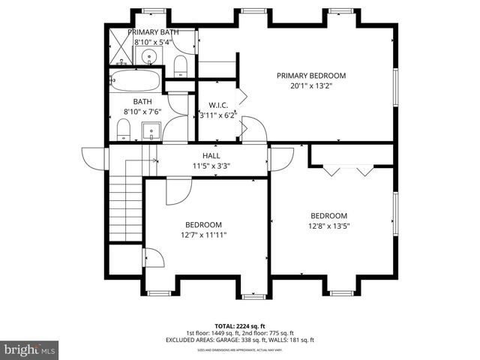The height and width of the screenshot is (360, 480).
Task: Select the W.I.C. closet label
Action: tap(218, 105)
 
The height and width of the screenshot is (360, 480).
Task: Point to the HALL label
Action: tap(200, 155)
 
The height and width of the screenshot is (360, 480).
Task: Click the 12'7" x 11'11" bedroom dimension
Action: tap(203, 235)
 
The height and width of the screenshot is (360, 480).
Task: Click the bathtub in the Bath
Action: tap(136, 80)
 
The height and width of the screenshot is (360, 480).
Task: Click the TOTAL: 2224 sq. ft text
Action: tap(240, 326)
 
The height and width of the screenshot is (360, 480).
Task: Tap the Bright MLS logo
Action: tap(30, 349)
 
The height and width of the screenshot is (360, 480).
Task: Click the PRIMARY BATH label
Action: tap(152, 32)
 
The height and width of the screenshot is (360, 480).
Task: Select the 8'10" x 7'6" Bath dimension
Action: tap(142, 112)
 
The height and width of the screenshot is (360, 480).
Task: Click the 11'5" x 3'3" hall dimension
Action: tap(200, 165)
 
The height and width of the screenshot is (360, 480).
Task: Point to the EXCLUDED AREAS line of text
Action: tap(240, 340)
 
